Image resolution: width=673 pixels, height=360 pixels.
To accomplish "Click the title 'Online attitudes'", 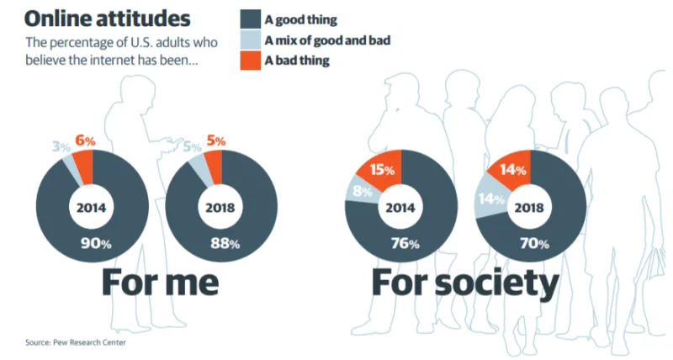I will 108,18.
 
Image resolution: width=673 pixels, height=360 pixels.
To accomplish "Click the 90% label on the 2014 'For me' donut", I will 93,245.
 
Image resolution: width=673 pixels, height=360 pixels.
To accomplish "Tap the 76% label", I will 400,246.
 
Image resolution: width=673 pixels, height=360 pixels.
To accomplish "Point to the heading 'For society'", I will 465,283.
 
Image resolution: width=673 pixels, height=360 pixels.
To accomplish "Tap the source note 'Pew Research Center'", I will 70,342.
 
